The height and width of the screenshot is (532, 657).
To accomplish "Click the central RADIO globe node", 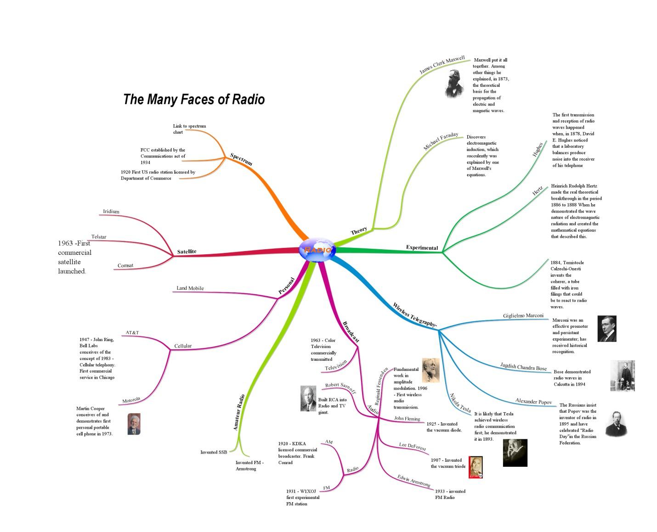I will click(x=317, y=250).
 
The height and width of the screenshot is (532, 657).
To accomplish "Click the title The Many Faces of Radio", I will click(x=194, y=99).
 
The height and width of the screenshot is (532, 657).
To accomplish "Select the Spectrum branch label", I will click(x=241, y=159).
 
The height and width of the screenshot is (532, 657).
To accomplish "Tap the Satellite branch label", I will click(x=187, y=252).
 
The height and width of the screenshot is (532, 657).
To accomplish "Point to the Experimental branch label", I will click(x=422, y=248).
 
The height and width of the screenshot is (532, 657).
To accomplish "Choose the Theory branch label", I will click(x=359, y=231).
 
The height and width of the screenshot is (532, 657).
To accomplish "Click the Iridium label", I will click(x=111, y=212).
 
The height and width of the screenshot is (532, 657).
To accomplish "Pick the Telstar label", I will click(x=99, y=237).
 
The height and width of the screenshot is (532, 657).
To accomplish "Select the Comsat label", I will click(x=125, y=265).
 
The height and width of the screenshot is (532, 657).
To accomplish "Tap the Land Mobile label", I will click(x=190, y=288).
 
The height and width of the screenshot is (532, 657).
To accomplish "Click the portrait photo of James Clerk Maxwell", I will click(x=454, y=84).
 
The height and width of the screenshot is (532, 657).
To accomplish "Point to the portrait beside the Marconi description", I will click(x=606, y=329).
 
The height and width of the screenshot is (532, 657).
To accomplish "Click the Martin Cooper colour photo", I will click(x=134, y=424).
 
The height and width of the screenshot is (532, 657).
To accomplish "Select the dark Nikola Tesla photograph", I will click(x=515, y=453).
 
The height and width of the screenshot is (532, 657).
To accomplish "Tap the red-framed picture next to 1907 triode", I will click(x=476, y=467).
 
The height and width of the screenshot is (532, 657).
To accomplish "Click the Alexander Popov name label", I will click(x=533, y=402).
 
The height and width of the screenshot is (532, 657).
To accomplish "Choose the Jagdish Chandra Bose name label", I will click(x=523, y=367).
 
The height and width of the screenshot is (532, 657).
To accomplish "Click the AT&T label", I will click(x=132, y=332).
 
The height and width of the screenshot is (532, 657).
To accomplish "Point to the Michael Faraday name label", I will click(x=441, y=141).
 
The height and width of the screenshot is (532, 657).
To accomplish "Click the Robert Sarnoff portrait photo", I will click(x=308, y=398).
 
